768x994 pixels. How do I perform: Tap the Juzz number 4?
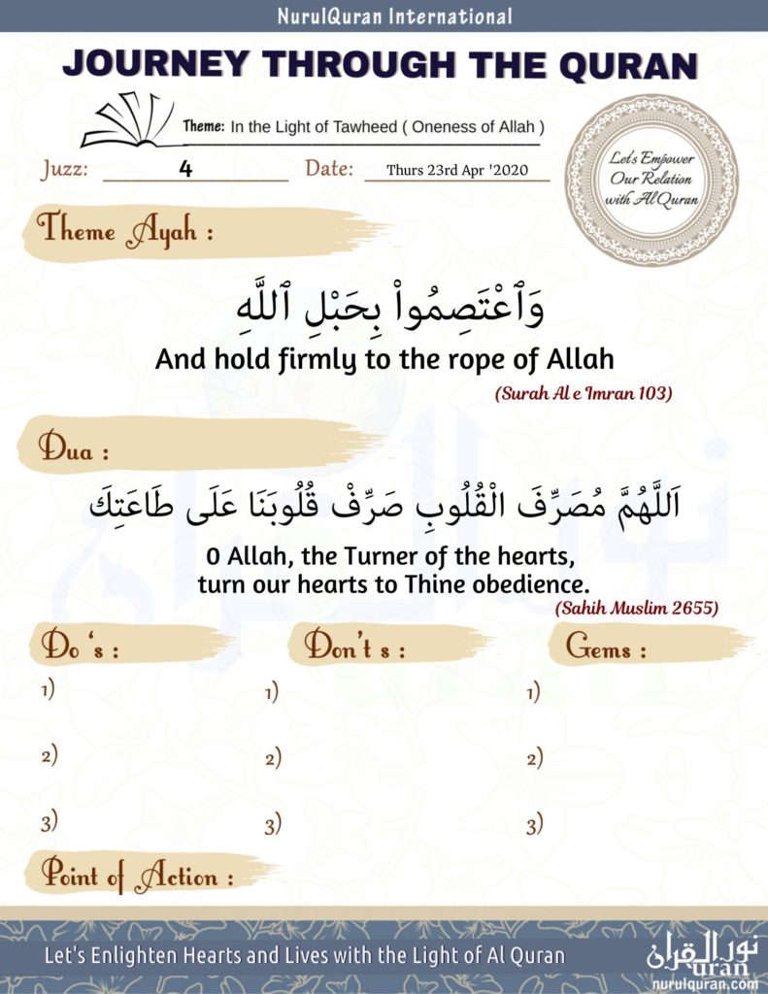[185, 168]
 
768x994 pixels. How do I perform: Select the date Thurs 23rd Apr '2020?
[456, 170]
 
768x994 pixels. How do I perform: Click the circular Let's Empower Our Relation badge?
[651, 180]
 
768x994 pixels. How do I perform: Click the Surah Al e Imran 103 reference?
[584, 395]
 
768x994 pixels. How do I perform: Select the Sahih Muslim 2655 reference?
[637, 609]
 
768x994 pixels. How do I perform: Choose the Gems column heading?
[606, 648]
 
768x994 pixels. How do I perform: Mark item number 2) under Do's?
[49, 756]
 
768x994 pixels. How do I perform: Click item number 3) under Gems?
[534, 826]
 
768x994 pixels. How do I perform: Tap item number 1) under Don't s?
[272, 693]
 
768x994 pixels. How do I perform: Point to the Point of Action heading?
[136, 876]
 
